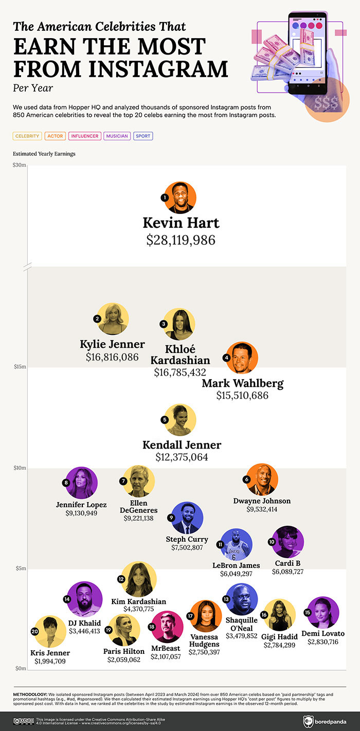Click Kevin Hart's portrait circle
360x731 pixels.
tap(181, 198)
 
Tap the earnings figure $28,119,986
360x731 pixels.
tap(181, 240)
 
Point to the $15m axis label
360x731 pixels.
tap(19, 367)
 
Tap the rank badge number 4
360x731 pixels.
tap(226, 358)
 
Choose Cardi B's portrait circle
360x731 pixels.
tap(289, 542)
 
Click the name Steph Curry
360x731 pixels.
tap(187, 539)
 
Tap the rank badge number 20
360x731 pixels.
tap(35, 631)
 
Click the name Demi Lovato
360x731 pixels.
tap(323, 633)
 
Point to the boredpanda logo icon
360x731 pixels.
tap(308, 721)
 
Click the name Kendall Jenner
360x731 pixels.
tap(182, 445)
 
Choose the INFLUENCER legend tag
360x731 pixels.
tap(84, 136)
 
